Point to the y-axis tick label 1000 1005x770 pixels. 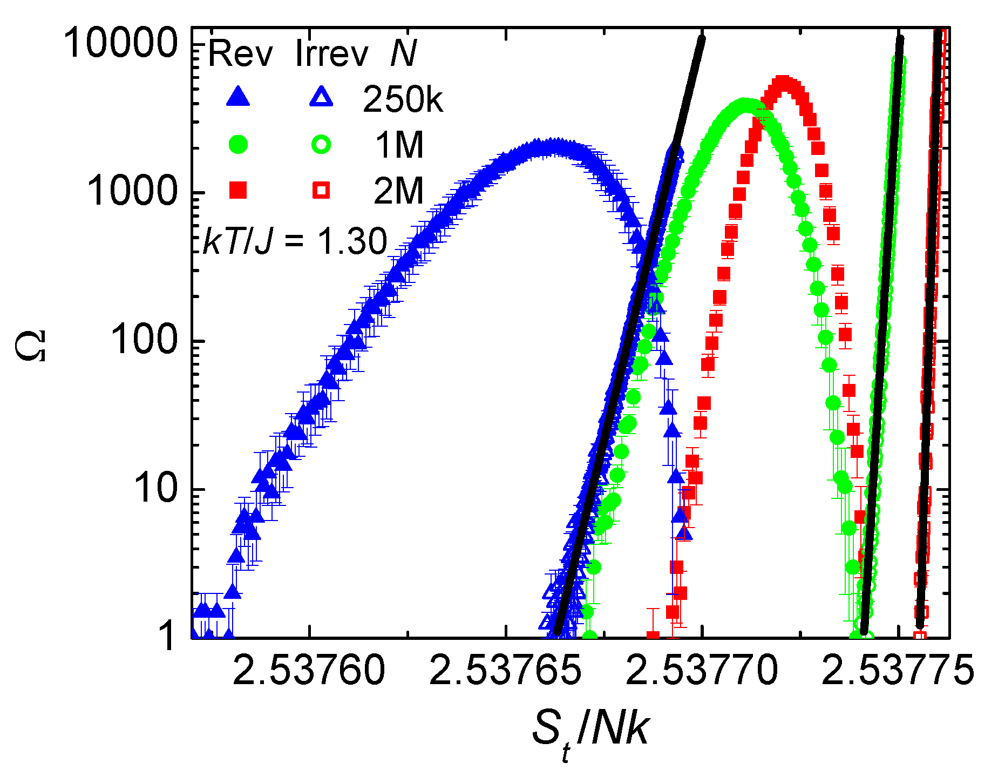pyautogui.click(x=132, y=191)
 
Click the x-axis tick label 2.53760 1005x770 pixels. pyautogui.click(x=309, y=670)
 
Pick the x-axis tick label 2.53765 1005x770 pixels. pyautogui.click(x=506, y=670)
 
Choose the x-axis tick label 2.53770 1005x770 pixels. pyautogui.click(x=702, y=670)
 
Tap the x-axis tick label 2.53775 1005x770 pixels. pyautogui.click(x=898, y=670)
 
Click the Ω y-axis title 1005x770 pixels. pyautogui.click(x=32, y=346)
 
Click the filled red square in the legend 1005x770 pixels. pyautogui.click(x=238, y=190)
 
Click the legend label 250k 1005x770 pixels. pyautogui.click(x=403, y=99)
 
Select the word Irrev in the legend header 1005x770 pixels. pyautogui.click(x=332, y=53)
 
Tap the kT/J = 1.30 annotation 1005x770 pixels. pyautogui.click(x=295, y=241)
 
